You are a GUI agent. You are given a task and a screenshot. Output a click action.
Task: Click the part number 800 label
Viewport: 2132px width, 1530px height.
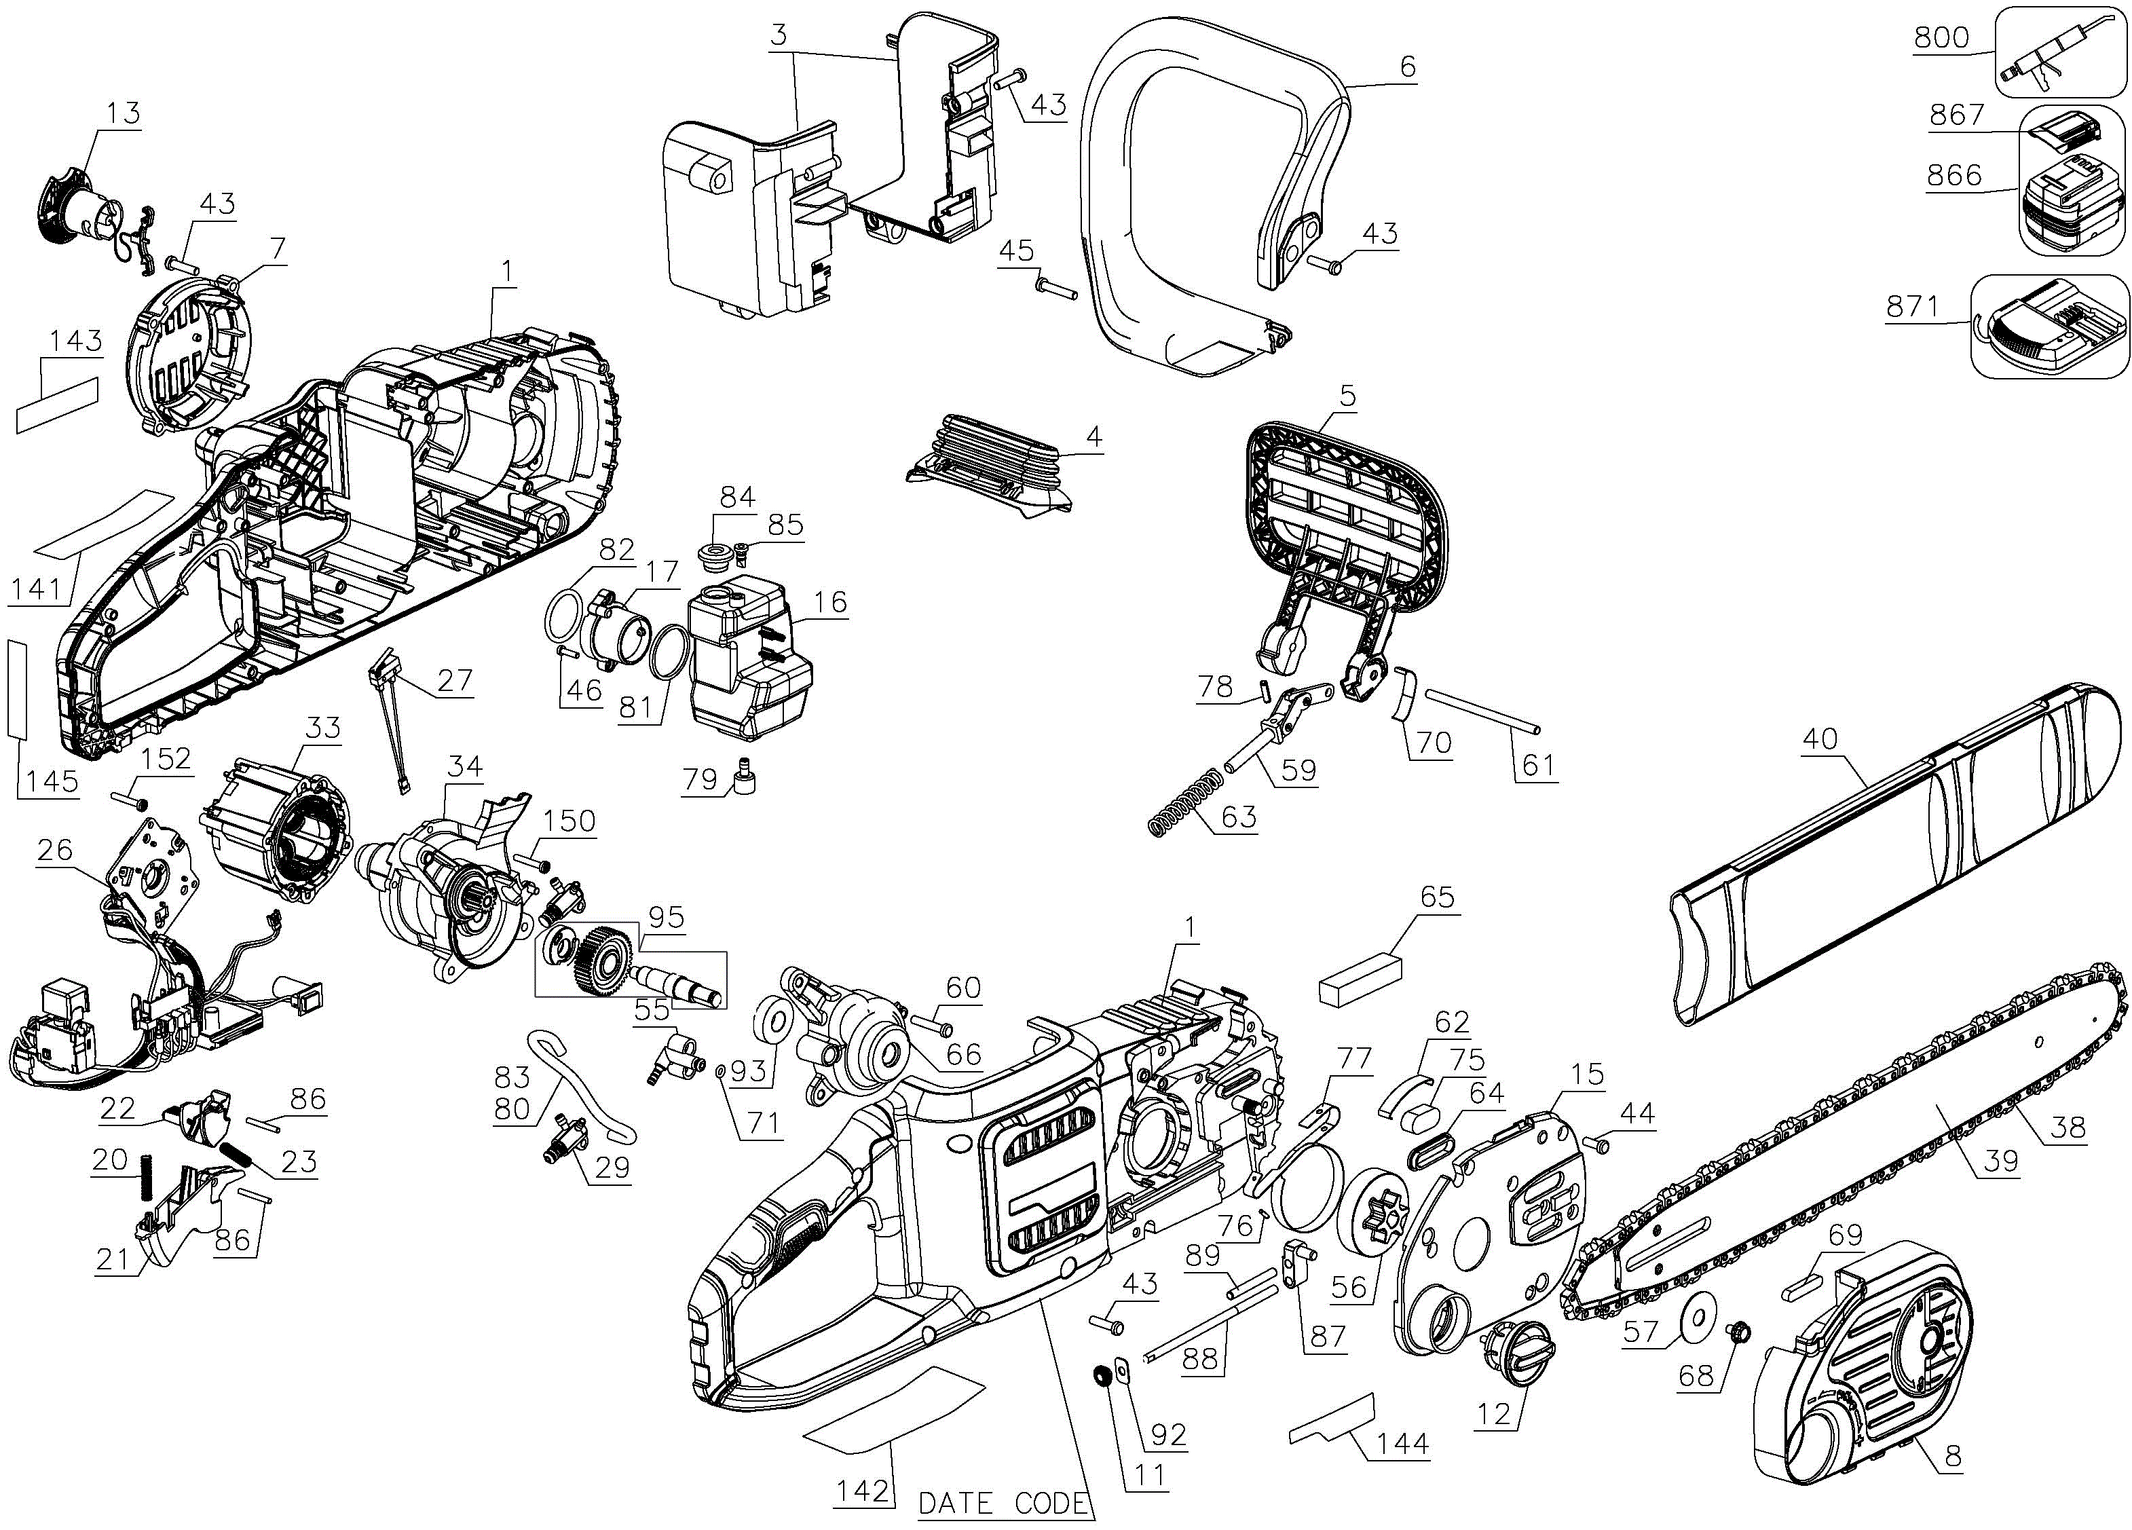tap(1941, 37)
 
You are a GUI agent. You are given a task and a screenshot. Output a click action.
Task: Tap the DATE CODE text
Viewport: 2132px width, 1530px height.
tap(1003, 1503)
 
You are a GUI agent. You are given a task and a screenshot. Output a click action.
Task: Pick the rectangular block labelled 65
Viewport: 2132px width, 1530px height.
tap(1360, 977)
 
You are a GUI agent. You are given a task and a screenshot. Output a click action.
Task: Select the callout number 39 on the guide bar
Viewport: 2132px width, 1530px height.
tap(2000, 1161)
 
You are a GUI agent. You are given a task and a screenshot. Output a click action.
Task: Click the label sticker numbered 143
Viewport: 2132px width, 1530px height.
tap(58, 403)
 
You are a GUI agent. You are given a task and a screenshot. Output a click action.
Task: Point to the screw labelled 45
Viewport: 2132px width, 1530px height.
tap(1055, 286)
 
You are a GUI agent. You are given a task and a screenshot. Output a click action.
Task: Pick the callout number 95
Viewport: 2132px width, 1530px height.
tap(666, 917)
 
